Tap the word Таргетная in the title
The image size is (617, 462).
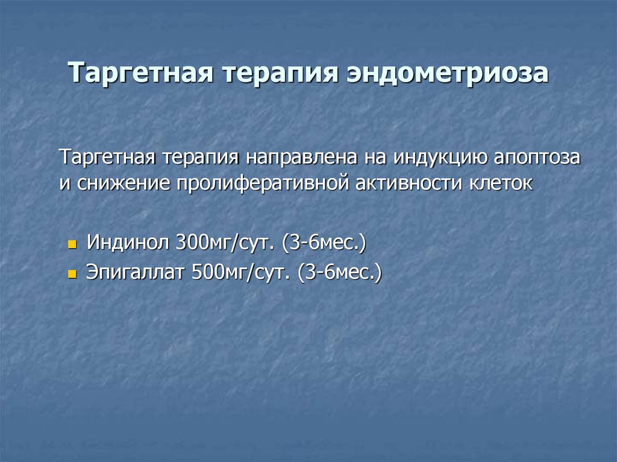[143, 73]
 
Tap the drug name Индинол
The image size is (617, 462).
[128, 244]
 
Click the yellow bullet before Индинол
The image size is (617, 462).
[72, 246]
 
